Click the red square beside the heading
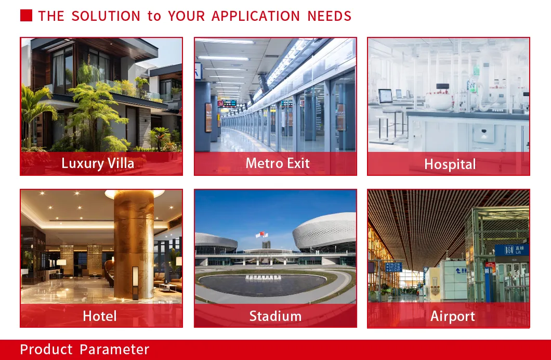pyautogui.click(x=26, y=16)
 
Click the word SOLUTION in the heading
pyautogui.click(x=106, y=16)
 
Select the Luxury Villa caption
pyautogui.click(x=98, y=163)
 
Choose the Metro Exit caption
pyautogui.click(x=278, y=163)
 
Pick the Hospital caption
pyautogui.click(x=450, y=164)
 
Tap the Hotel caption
pyautogui.click(x=100, y=316)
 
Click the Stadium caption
pyautogui.click(x=275, y=316)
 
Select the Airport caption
pyautogui.click(x=452, y=316)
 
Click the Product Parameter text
pyautogui.click(x=85, y=350)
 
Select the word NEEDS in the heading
pyautogui.click(x=329, y=16)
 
